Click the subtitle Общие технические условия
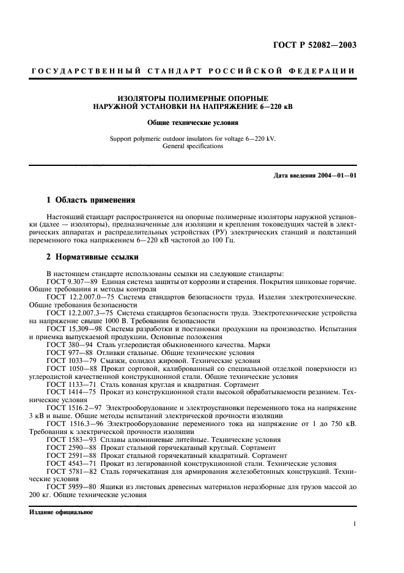193,122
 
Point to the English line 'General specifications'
193,146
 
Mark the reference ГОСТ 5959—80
70,488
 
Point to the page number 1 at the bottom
354,524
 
